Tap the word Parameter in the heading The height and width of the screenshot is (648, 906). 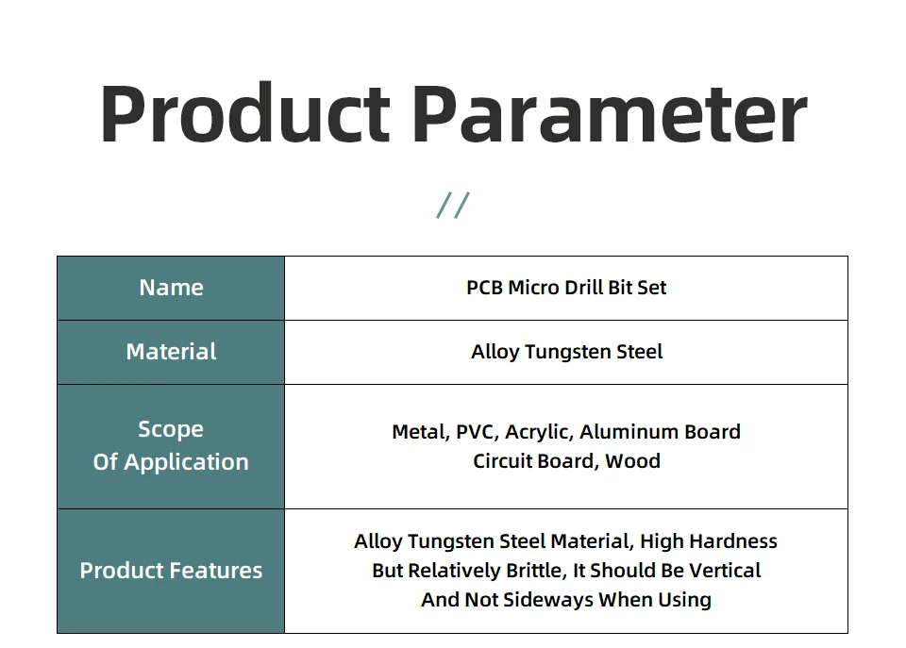[x=610, y=112]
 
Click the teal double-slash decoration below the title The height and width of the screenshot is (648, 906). [x=453, y=205]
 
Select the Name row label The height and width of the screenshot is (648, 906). [x=171, y=288]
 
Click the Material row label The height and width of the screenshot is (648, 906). [x=171, y=352]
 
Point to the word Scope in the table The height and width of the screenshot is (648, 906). [x=171, y=429]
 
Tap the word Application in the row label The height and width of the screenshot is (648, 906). [x=186, y=462]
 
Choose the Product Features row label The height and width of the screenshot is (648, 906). [x=171, y=571]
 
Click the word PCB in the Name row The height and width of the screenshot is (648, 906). [x=484, y=288]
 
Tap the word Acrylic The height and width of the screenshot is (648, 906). [x=539, y=433]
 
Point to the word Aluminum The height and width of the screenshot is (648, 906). [x=629, y=432]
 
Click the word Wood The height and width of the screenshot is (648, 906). [x=632, y=461]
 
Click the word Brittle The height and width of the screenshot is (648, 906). [x=536, y=571]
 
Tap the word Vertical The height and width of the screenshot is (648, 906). [x=725, y=571]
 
